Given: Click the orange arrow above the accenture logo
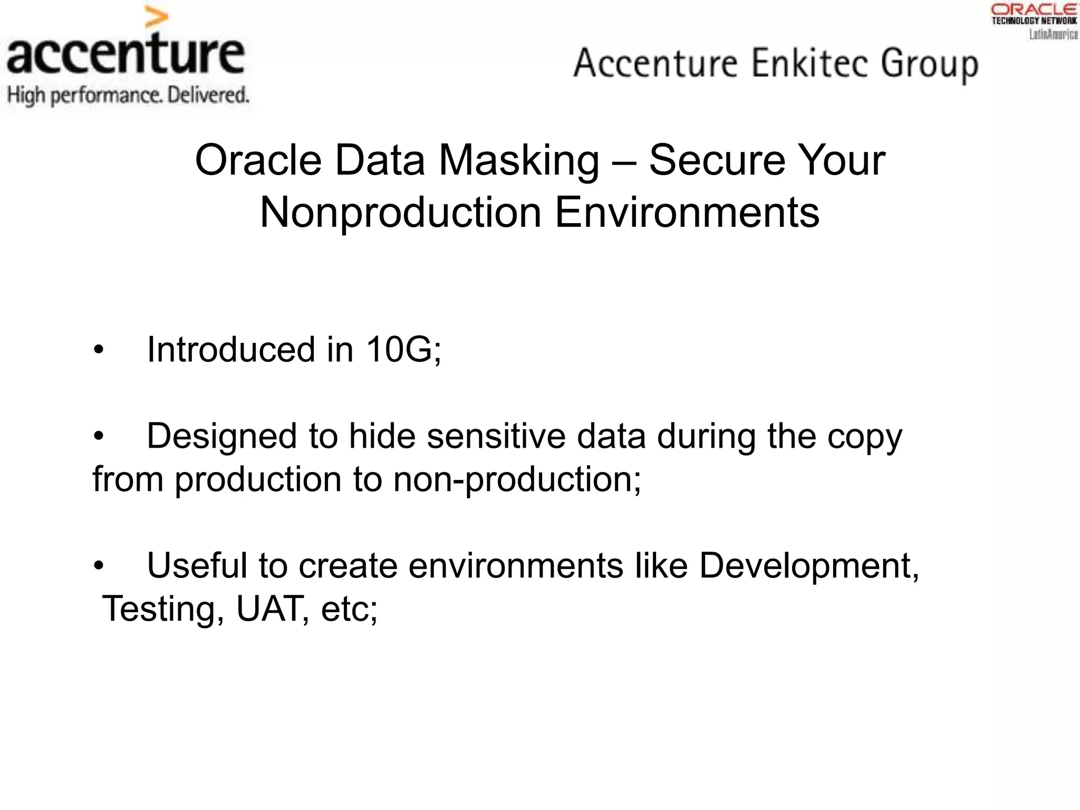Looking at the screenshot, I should (x=156, y=20).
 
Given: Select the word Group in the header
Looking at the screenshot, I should (x=930, y=65).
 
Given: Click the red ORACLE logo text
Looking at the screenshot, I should (x=1034, y=9).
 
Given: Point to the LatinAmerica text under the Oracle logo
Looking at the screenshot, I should (x=1053, y=35).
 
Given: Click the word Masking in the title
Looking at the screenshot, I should (x=519, y=161).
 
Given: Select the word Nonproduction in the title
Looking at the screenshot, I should (x=401, y=214).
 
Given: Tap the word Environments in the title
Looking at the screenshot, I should (x=687, y=213).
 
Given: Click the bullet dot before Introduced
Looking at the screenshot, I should (x=99, y=350).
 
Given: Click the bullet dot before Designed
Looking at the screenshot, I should (x=99, y=437).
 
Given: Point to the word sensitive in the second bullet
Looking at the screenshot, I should (x=496, y=436).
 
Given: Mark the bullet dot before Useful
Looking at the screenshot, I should (x=99, y=566).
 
